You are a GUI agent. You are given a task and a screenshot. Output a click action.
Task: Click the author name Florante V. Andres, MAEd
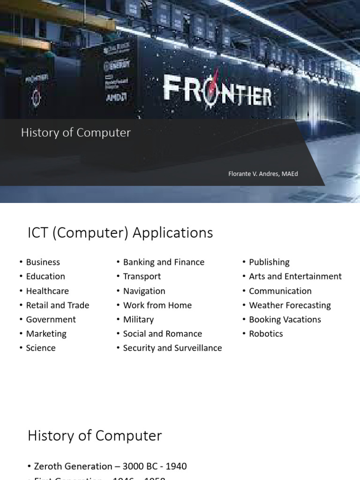click(263, 174)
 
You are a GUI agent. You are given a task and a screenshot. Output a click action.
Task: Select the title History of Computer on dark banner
click(75, 133)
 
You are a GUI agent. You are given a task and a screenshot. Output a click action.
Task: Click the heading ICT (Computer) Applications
click(120, 232)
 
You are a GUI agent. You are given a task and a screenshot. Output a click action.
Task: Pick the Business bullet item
click(43, 262)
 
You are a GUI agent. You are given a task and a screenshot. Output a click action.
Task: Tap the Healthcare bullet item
click(47, 291)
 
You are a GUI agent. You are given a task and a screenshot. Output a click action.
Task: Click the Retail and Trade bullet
click(58, 305)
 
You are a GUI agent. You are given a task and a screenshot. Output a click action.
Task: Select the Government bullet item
click(51, 320)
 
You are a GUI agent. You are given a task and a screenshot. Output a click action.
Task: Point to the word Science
click(41, 348)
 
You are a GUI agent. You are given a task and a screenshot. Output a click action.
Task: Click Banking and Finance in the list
click(164, 262)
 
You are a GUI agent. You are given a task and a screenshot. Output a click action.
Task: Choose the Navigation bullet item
click(144, 291)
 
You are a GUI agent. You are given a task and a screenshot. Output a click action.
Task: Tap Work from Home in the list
click(157, 305)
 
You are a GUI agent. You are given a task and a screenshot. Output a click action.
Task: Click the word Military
click(138, 320)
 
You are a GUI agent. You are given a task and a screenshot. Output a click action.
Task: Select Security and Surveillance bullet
click(172, 348)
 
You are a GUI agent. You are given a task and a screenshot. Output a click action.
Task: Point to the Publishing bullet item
click(269, 262)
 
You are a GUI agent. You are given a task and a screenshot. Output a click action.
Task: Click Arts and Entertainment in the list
click(295, 277)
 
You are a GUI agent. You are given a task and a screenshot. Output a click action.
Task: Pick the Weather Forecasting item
click(290, 305)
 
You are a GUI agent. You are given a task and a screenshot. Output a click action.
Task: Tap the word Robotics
click(266, 334)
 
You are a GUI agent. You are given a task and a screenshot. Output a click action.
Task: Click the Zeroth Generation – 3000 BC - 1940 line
click(110, 466)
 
